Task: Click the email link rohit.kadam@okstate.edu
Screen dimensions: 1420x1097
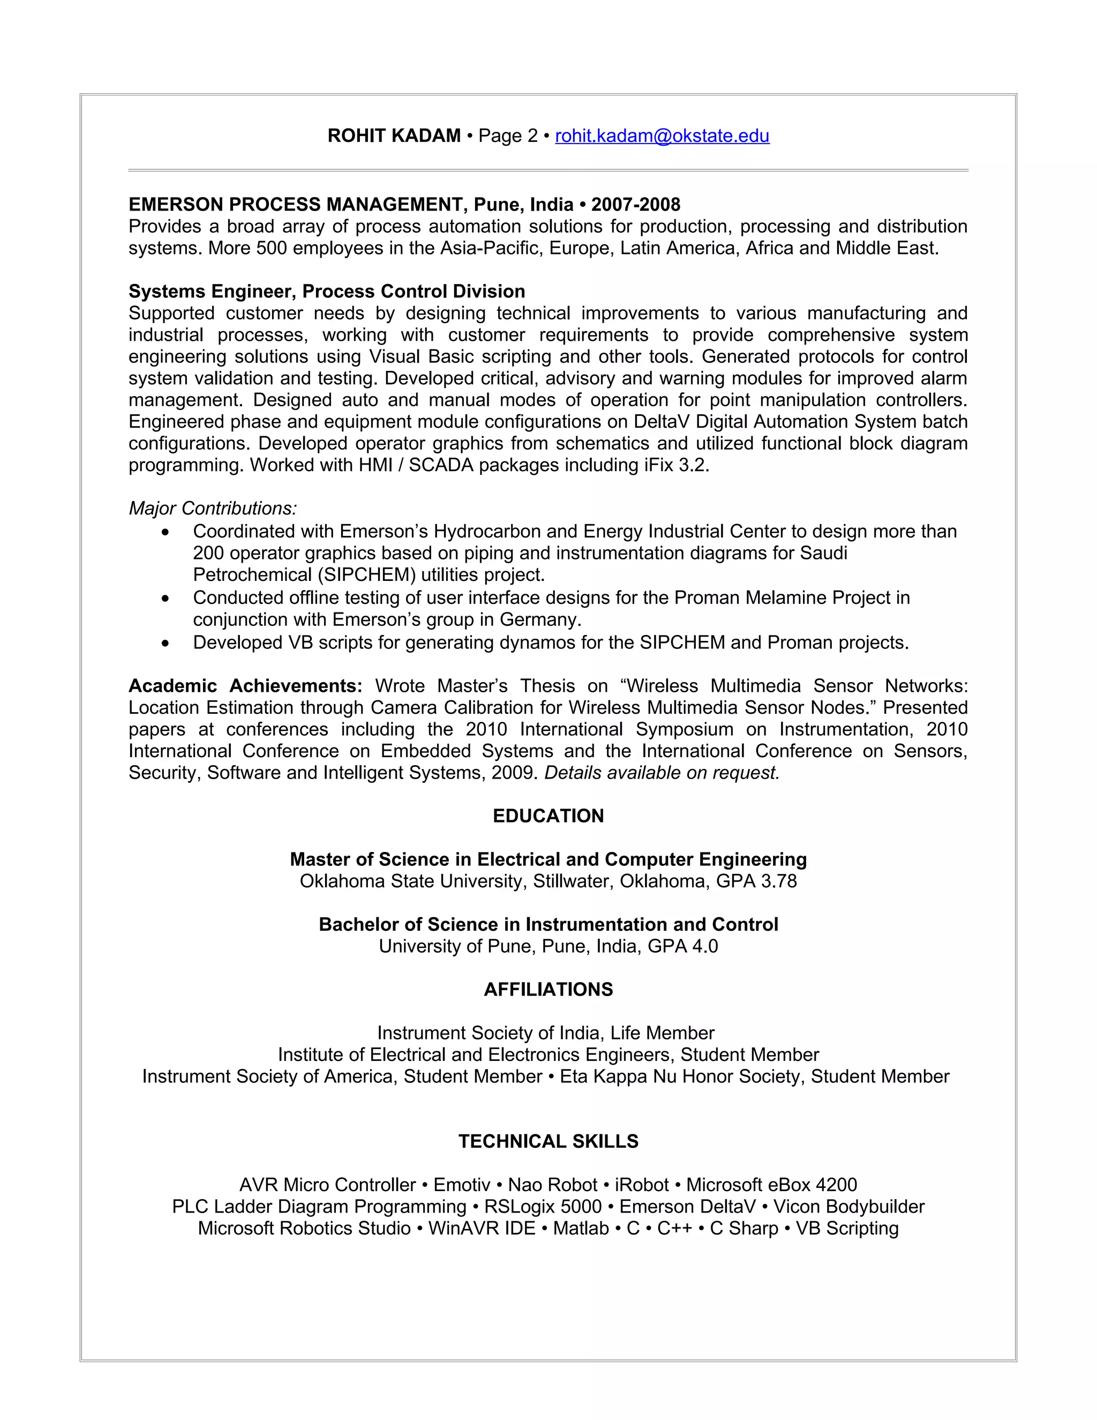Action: (x=662, y=136)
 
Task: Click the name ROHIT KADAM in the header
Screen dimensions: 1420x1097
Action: (x=394, y=136)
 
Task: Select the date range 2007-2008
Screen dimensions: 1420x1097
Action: (x=636, y=205)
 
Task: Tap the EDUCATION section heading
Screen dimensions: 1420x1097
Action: (x=548, y=816)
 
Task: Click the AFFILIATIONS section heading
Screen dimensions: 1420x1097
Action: (x=548, y=990)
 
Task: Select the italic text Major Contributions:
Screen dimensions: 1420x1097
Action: (x=213, y=509)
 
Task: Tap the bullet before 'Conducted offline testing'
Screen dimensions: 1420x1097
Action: (x=167, y=598)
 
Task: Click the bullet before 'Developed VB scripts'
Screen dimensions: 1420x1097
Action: (x=167, y=643)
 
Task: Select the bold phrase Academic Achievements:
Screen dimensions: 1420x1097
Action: (x=245, y=686)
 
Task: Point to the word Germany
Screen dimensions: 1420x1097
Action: (x=539, y=619)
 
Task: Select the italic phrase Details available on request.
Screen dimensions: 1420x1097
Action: (x=662, y=773)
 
